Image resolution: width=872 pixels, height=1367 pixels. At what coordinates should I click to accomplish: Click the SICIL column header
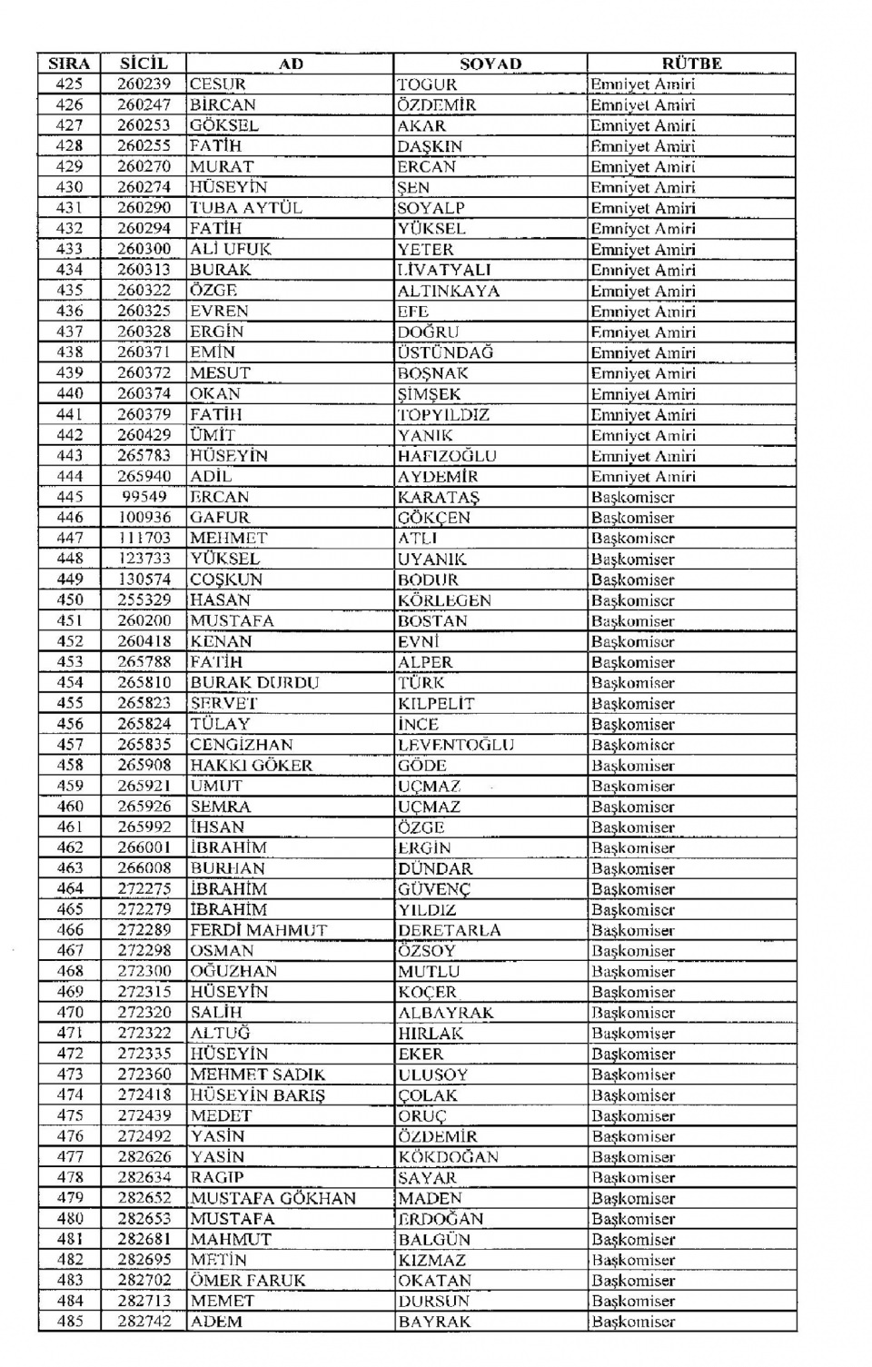[144, 64]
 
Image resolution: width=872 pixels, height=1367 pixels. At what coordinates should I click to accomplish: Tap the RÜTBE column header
[691, 64]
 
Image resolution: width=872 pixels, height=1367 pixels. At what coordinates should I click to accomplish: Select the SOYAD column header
[490, 64]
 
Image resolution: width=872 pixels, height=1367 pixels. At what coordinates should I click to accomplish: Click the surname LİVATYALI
[444, 270]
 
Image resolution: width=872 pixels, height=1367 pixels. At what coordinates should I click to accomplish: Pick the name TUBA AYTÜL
[245, 208]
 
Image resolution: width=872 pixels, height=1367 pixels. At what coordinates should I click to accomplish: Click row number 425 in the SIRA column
[69, 84]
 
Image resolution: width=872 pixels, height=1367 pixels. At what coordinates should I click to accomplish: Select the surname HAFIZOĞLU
[447, 456]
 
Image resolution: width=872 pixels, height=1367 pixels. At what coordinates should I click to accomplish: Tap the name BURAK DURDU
[254, 683]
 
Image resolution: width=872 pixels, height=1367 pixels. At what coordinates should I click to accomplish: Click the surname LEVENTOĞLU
[456, 745]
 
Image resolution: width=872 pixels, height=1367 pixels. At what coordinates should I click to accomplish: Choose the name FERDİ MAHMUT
[258, 930]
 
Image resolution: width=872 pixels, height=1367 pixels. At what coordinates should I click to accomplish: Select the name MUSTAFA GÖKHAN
[272, 1198]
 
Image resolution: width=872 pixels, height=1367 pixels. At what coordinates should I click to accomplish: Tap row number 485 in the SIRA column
[69, 1322]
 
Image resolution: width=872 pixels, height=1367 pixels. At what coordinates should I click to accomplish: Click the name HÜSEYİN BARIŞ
[257, 1095]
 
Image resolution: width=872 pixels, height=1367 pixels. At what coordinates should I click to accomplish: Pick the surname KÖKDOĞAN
[448, 1157]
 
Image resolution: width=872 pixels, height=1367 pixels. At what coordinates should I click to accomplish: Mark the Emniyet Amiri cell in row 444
[642, 477]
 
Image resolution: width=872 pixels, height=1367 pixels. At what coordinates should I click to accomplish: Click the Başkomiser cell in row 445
[632, 497]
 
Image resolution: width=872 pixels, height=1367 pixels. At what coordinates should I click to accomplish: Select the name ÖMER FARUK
[247, 1281]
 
